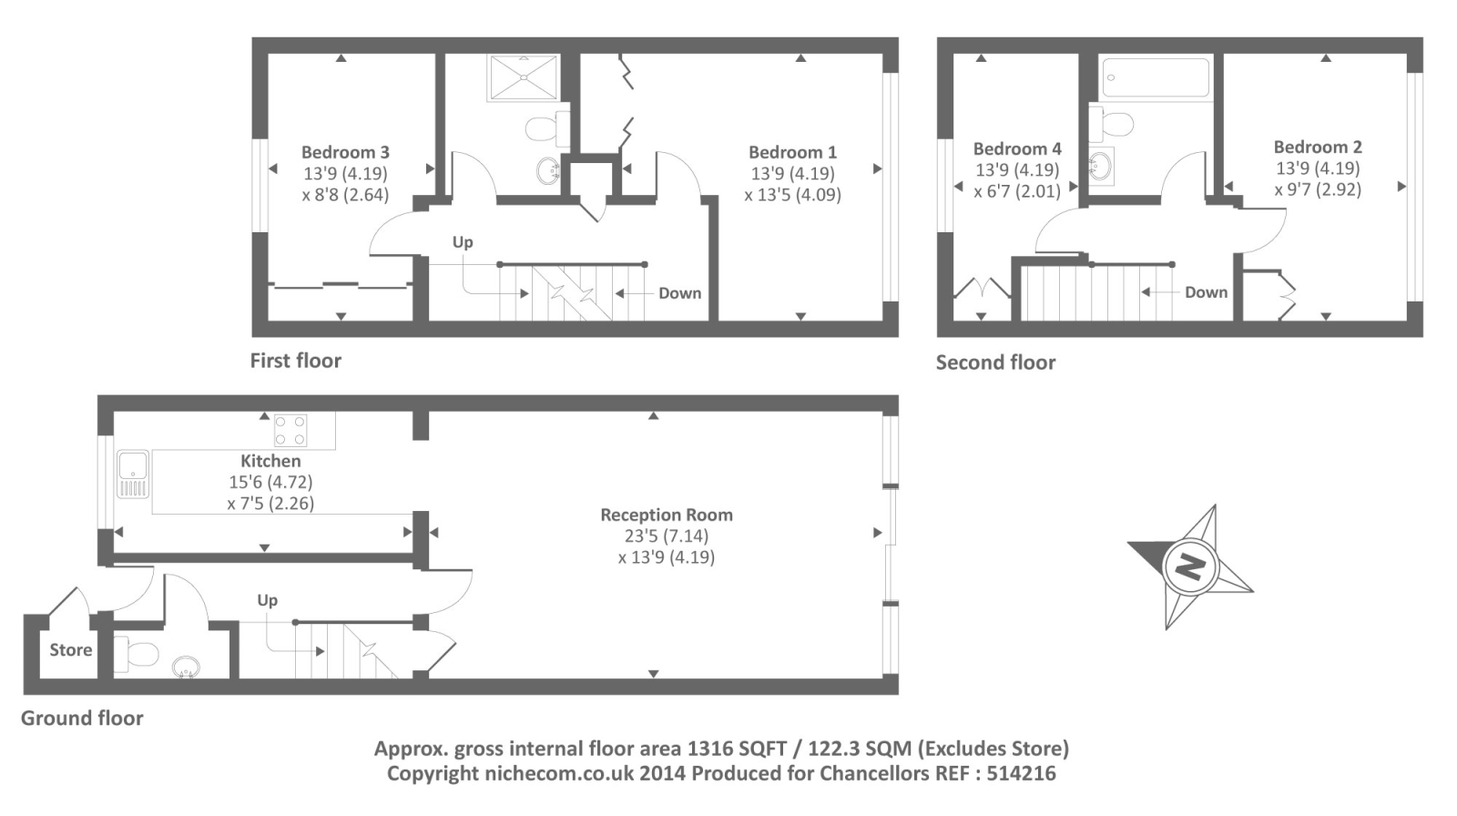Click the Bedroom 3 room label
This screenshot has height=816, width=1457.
[x=345, y=152]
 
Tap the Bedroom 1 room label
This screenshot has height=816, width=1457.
[x=792, y=152]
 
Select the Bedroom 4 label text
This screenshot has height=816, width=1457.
[x=1017, y=149]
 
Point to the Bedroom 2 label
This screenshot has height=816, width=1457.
[x=1318, y=147]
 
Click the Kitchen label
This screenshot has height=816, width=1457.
[x=270, y=461]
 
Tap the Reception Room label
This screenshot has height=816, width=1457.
[x=667, y=515]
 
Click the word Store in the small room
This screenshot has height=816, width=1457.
[x=71, y=650]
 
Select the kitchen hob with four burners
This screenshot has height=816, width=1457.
[x=290, y=430]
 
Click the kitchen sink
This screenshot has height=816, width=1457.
[x=133, y=474]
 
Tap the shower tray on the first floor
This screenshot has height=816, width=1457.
[x=523, y=77]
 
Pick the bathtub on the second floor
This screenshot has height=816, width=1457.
[x=1156, y=77]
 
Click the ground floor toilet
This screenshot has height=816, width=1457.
[x=137, y=653]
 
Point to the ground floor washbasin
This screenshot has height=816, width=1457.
[x=186, y=667]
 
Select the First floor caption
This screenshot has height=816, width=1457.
[x=296, y=361]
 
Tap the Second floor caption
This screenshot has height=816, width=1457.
[x=996, y=362]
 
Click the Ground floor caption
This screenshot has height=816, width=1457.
[x=82, y=718]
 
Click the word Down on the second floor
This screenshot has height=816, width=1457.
[x=1206, y=292]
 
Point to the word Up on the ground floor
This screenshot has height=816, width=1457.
[x=268, y=600]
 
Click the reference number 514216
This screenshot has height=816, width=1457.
[x=1021, y=773]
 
